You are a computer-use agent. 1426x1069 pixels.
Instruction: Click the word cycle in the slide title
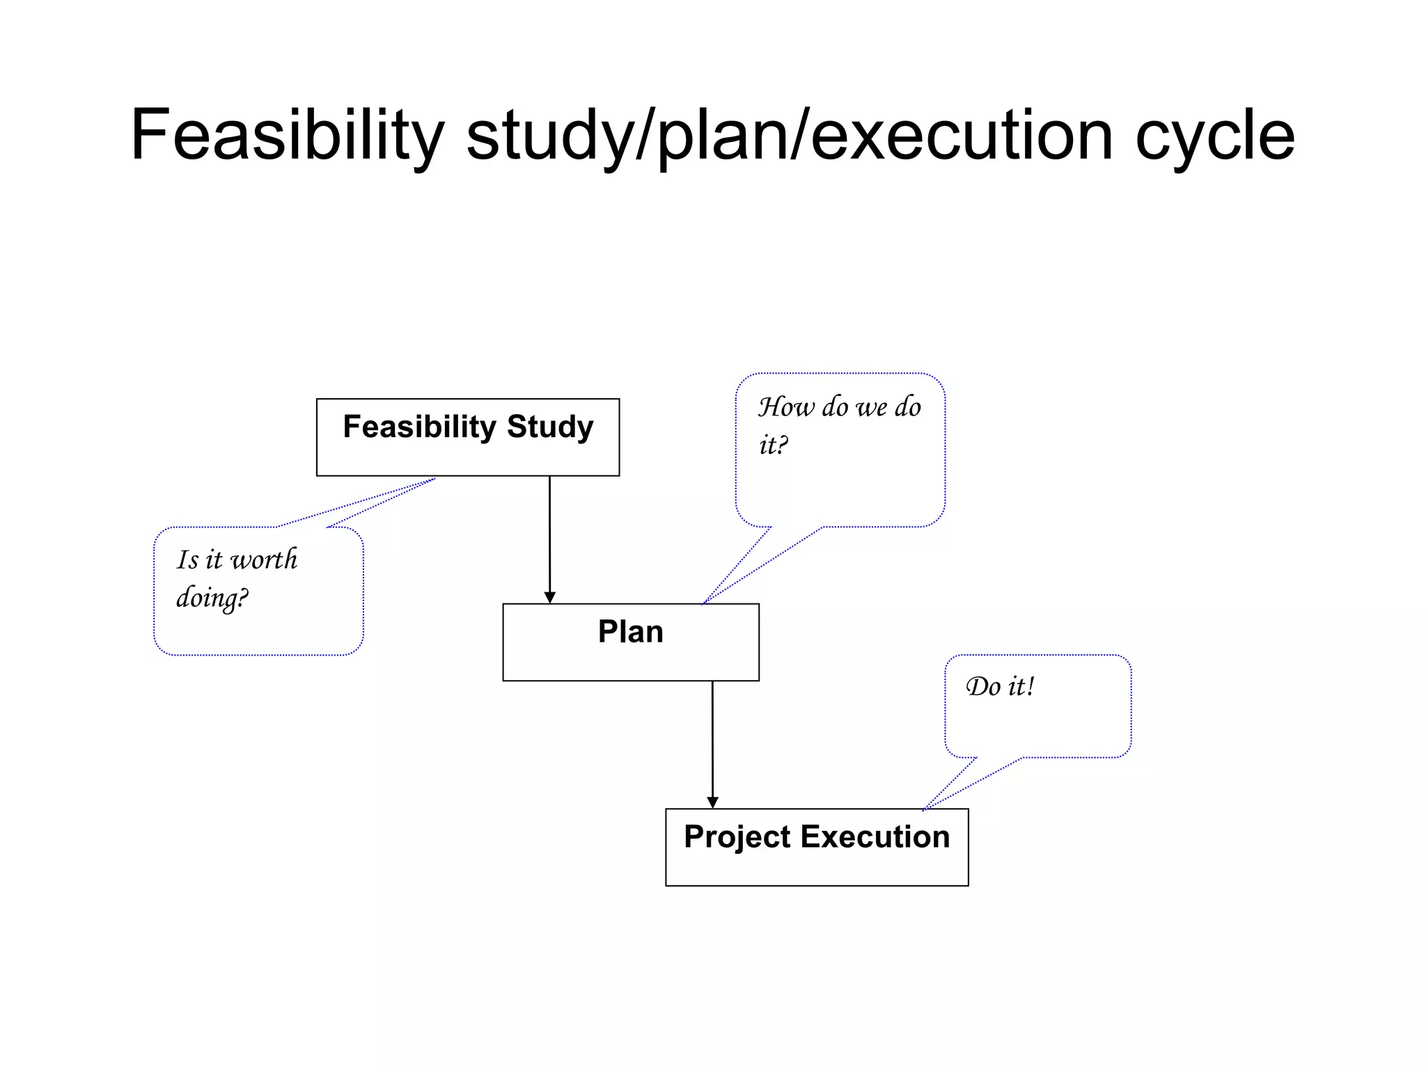click(1215, 136)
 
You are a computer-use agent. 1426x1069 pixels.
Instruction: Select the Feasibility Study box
click(467, 452)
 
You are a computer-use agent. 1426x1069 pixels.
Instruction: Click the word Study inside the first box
click(550, 427)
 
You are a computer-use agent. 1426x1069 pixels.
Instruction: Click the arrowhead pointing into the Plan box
click(549, 598)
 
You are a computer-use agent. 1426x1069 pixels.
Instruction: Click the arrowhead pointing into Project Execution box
click(712, 802)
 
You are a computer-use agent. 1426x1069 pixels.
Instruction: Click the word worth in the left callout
click(264, 560)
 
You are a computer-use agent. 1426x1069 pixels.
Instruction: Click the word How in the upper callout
click(786, 407)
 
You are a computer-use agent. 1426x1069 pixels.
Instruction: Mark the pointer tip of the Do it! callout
click(924, 809)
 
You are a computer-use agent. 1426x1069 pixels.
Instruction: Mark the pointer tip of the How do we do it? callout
click(703, 604)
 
